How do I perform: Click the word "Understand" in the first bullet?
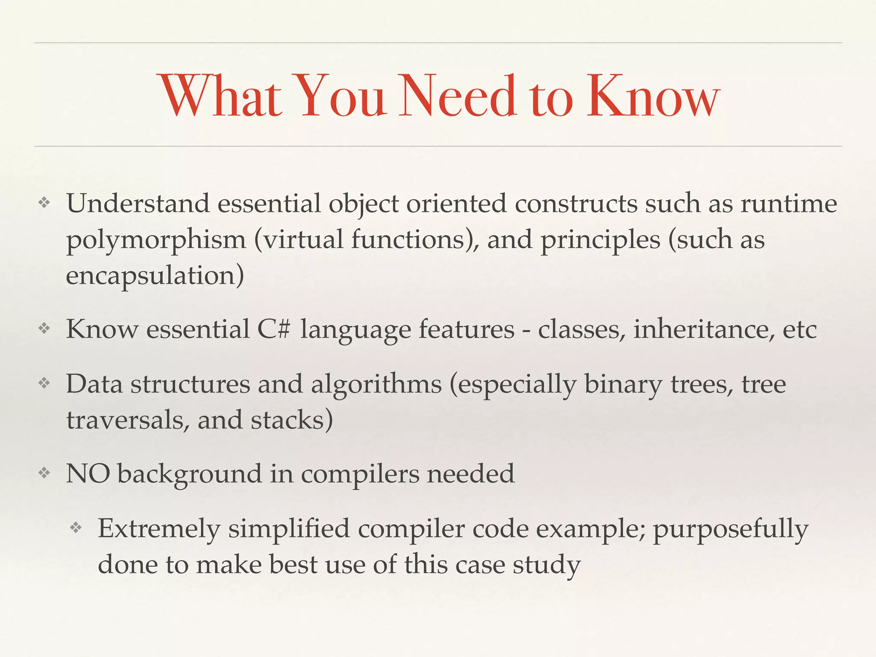click(x=138, y=204)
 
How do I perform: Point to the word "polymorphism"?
click(x=156, y=240)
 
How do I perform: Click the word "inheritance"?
click(x=704, y=329)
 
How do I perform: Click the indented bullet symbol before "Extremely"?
click(x=76, y=528)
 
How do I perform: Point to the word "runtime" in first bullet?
click(x=788, y=204)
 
